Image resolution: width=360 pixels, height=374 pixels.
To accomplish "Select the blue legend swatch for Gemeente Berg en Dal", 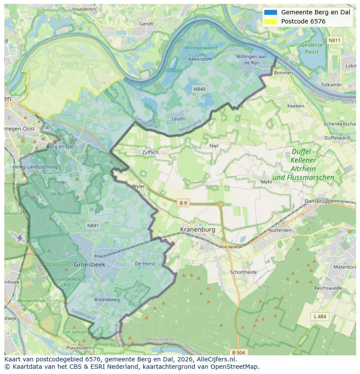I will click(x=270, y=12).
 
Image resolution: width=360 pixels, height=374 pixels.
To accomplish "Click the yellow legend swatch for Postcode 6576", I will click(x=270, y=21).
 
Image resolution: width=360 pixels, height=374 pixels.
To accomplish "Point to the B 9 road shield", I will click(x=183, y=203).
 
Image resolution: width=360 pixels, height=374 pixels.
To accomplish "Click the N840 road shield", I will click(x=200, y=89).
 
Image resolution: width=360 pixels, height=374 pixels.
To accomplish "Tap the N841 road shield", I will click(x=93, y=225).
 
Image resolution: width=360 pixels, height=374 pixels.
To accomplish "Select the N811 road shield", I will click(x=334, y=40).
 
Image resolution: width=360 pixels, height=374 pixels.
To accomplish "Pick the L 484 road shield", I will click(x=319, y=317).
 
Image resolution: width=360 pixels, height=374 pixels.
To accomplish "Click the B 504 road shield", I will click(x=239, y=352).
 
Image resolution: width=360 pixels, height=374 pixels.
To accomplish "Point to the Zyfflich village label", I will click(x=150, y=153).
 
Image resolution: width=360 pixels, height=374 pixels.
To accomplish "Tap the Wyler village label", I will click(x=138, y=186).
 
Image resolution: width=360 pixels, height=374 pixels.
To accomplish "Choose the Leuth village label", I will click(x=178, y=119).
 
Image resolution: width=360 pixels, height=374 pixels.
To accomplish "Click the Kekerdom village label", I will click(x=200, y=59).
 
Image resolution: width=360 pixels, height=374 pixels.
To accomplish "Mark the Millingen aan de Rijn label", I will click(x=251, y=60).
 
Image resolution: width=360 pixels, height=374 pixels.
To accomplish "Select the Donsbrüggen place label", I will click(x=321, y=201).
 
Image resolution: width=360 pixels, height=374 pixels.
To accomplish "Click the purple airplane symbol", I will click(x=20, y=238).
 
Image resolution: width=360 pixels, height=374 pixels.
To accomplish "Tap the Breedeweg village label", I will click(x=107, y=300).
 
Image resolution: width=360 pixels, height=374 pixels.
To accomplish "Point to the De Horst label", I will click(x=145, y=264).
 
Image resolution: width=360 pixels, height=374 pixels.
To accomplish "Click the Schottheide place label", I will click(x=243, y=272).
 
